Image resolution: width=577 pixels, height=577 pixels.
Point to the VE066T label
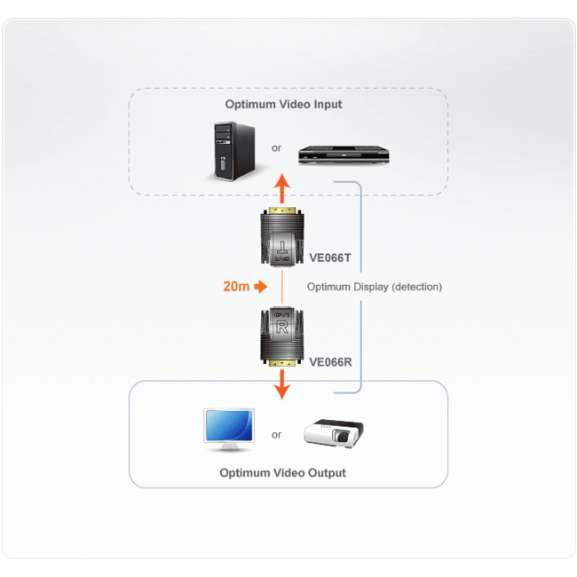(330, 258)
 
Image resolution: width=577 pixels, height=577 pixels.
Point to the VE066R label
(331, 361)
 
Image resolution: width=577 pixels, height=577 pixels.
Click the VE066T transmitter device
(281, 237)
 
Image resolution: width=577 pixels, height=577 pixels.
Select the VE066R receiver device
(281, 335)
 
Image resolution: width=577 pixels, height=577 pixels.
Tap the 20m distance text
(235, 287)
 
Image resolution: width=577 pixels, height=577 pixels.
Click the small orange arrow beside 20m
(260, 287)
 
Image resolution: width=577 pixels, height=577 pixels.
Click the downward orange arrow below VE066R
(281, 383)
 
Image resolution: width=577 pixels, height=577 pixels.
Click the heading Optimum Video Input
(283, 104)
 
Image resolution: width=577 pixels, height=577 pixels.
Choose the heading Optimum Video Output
(283, 473)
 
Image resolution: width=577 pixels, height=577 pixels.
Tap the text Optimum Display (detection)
(374, 287)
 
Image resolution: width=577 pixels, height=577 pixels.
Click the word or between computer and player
(276, 148)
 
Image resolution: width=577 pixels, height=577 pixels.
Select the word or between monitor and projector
(276, 435)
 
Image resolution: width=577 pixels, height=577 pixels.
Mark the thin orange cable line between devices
(281, 286)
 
